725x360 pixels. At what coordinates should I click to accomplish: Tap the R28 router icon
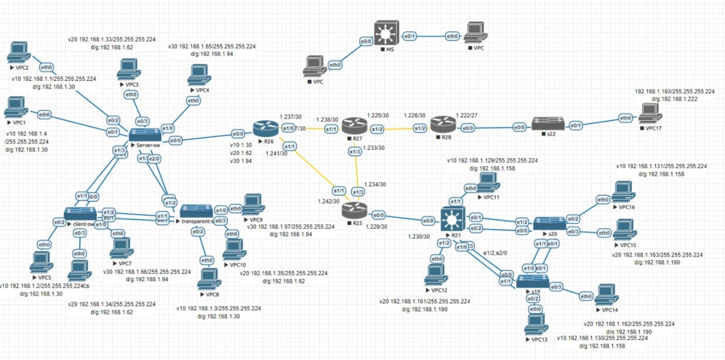tap(443, 124)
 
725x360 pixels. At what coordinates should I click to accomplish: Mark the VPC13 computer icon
tap(535, 324)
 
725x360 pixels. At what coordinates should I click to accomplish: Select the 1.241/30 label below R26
tap(277, 153)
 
